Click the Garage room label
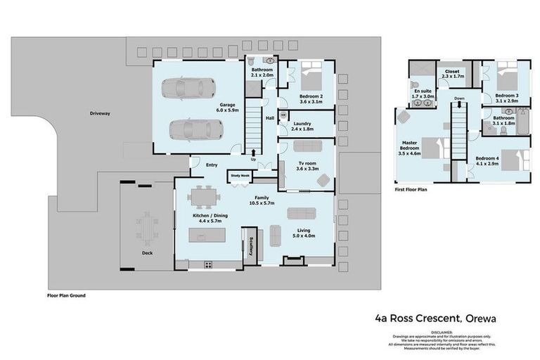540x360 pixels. tap(226, 107)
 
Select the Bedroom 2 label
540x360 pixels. tap(311, 98)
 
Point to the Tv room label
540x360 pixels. tap(307, 166)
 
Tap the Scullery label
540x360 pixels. tap(252, 247)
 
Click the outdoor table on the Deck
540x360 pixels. tap(148, 226)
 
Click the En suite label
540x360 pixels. tap(422, 93)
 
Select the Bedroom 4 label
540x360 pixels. tap(487, 161)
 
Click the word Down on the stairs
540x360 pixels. tap(459, 98)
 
